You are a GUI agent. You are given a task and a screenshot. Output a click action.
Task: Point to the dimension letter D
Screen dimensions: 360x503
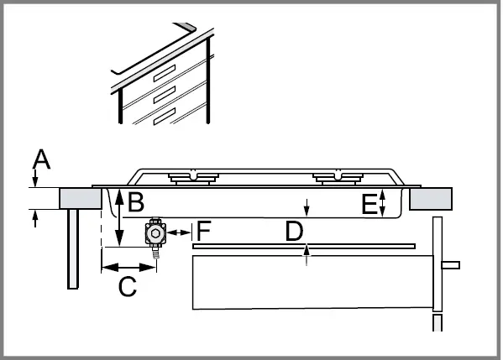(x=293, y=231)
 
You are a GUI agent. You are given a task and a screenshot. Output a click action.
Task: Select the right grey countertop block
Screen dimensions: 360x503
(x=432, y=198)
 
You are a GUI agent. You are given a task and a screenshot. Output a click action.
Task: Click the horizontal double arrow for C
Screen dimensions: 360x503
(x=128, y=268)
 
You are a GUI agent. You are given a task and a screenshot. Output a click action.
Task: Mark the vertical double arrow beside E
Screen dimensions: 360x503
(x=383, y=202)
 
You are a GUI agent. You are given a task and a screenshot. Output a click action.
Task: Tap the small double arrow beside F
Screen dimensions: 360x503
(x=178, y=230)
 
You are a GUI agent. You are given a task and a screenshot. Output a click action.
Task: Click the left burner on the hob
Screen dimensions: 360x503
(x=192, y=177)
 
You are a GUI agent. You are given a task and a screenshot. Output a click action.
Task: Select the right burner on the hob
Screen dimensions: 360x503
(x=337, y=177)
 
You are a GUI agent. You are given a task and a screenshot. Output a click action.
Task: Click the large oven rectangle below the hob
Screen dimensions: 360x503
(x=311, y=283)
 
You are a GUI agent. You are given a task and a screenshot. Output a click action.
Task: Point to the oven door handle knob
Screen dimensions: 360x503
(x=451, y=266)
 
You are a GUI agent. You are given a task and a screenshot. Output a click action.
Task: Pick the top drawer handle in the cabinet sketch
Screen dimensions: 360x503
(x=164, y=73)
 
